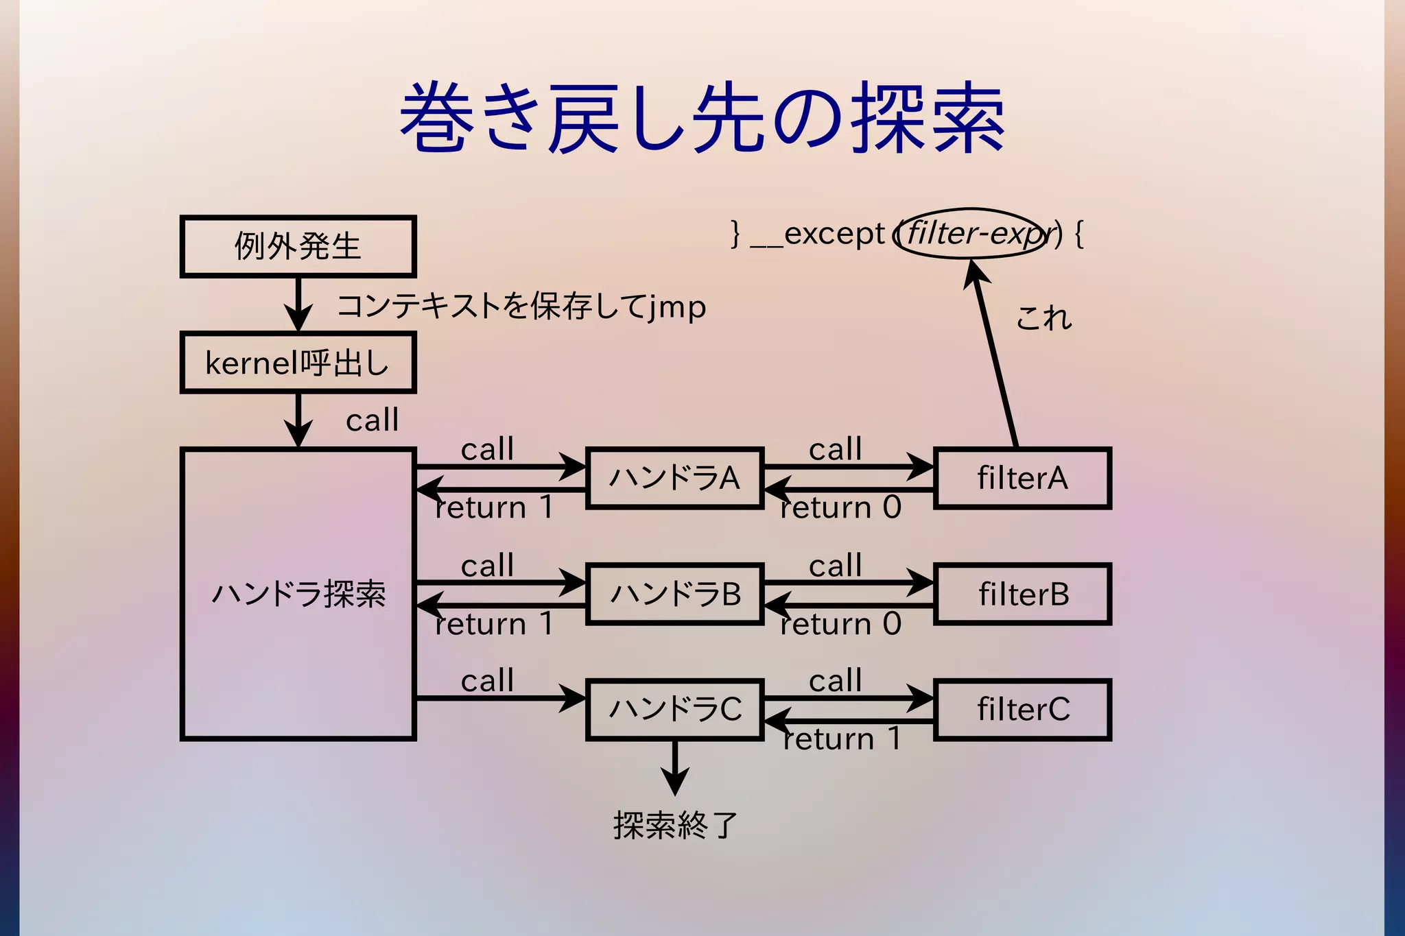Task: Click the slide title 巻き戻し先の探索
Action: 702,118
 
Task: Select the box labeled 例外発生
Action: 298,247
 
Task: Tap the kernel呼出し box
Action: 298,363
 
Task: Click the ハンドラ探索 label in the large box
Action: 298,594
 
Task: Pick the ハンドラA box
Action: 675,478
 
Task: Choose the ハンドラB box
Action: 675,594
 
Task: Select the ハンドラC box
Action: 675,709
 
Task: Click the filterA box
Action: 1022,478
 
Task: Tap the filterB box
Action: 1022,594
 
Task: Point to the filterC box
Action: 1022,709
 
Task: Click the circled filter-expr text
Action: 974,234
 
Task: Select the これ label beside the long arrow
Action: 1043,318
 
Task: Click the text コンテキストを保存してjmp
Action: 521,307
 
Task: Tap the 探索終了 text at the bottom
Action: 675,825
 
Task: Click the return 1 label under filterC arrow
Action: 842,739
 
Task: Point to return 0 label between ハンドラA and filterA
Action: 840,508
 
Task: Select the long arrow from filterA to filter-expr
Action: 995,353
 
